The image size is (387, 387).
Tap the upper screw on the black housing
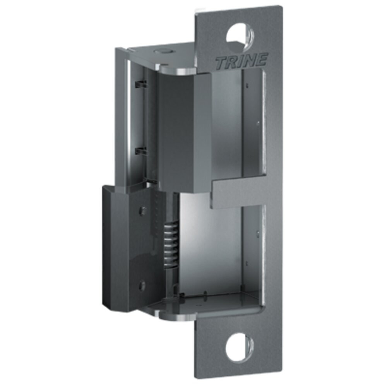143,211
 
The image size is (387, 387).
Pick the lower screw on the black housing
142,286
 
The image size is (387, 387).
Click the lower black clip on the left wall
141,150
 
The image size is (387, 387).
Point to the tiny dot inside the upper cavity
259,123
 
